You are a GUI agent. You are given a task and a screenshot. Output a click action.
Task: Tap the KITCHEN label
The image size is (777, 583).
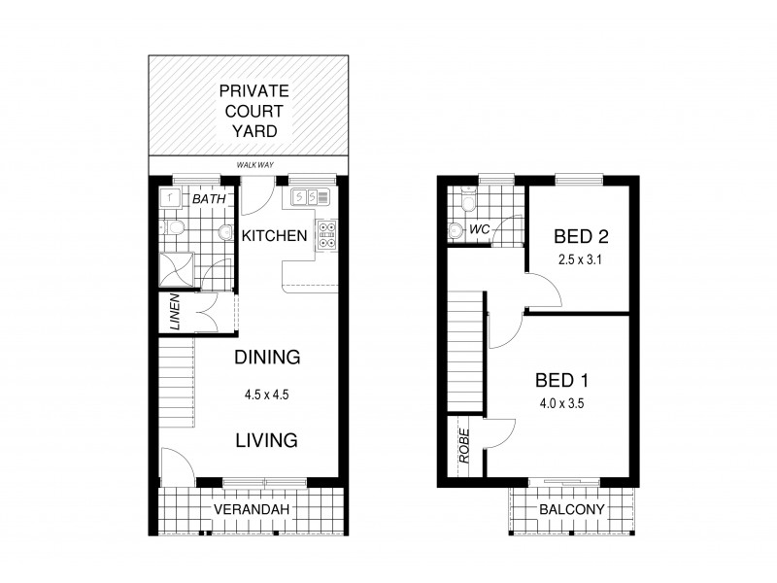[x=275, y=236]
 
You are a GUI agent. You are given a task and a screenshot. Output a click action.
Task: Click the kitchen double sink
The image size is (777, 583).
[x=299, y=198]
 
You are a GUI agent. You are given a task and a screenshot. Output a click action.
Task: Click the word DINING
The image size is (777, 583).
[x=267, y=358]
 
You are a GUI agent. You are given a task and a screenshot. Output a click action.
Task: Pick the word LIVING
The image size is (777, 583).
[x=266, y=440]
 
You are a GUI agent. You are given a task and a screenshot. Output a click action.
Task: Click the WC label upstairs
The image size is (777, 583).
[x=479, y=230]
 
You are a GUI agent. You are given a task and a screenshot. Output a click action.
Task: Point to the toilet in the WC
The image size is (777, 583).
[x=457, y=231]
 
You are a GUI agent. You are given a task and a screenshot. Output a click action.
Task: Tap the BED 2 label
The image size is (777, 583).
[x=580, y=236]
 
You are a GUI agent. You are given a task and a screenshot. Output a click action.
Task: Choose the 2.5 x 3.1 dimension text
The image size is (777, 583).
[x=580, y=259]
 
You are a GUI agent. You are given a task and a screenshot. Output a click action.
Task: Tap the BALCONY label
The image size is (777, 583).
[x=572, y=510]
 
